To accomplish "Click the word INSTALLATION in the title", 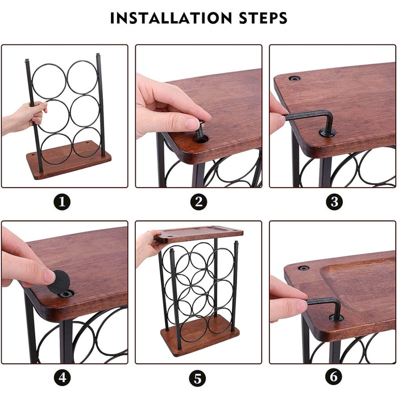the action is [171, 18].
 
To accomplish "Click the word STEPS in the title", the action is [263, 18].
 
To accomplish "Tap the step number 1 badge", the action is [62, 202].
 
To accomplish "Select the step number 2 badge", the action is [199, 202].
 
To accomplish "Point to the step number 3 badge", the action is [334, 202].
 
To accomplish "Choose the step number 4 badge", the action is [62, 378].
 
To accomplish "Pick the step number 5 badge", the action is [198, 379].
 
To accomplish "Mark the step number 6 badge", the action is [334, 376].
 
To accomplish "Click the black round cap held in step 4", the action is [59, 282].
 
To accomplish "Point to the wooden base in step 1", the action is [69, 160].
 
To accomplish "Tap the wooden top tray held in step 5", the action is [198, 233].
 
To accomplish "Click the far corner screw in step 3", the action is [295, 78].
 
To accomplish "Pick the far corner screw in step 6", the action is [304, 268].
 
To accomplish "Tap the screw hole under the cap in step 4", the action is [66, 294].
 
